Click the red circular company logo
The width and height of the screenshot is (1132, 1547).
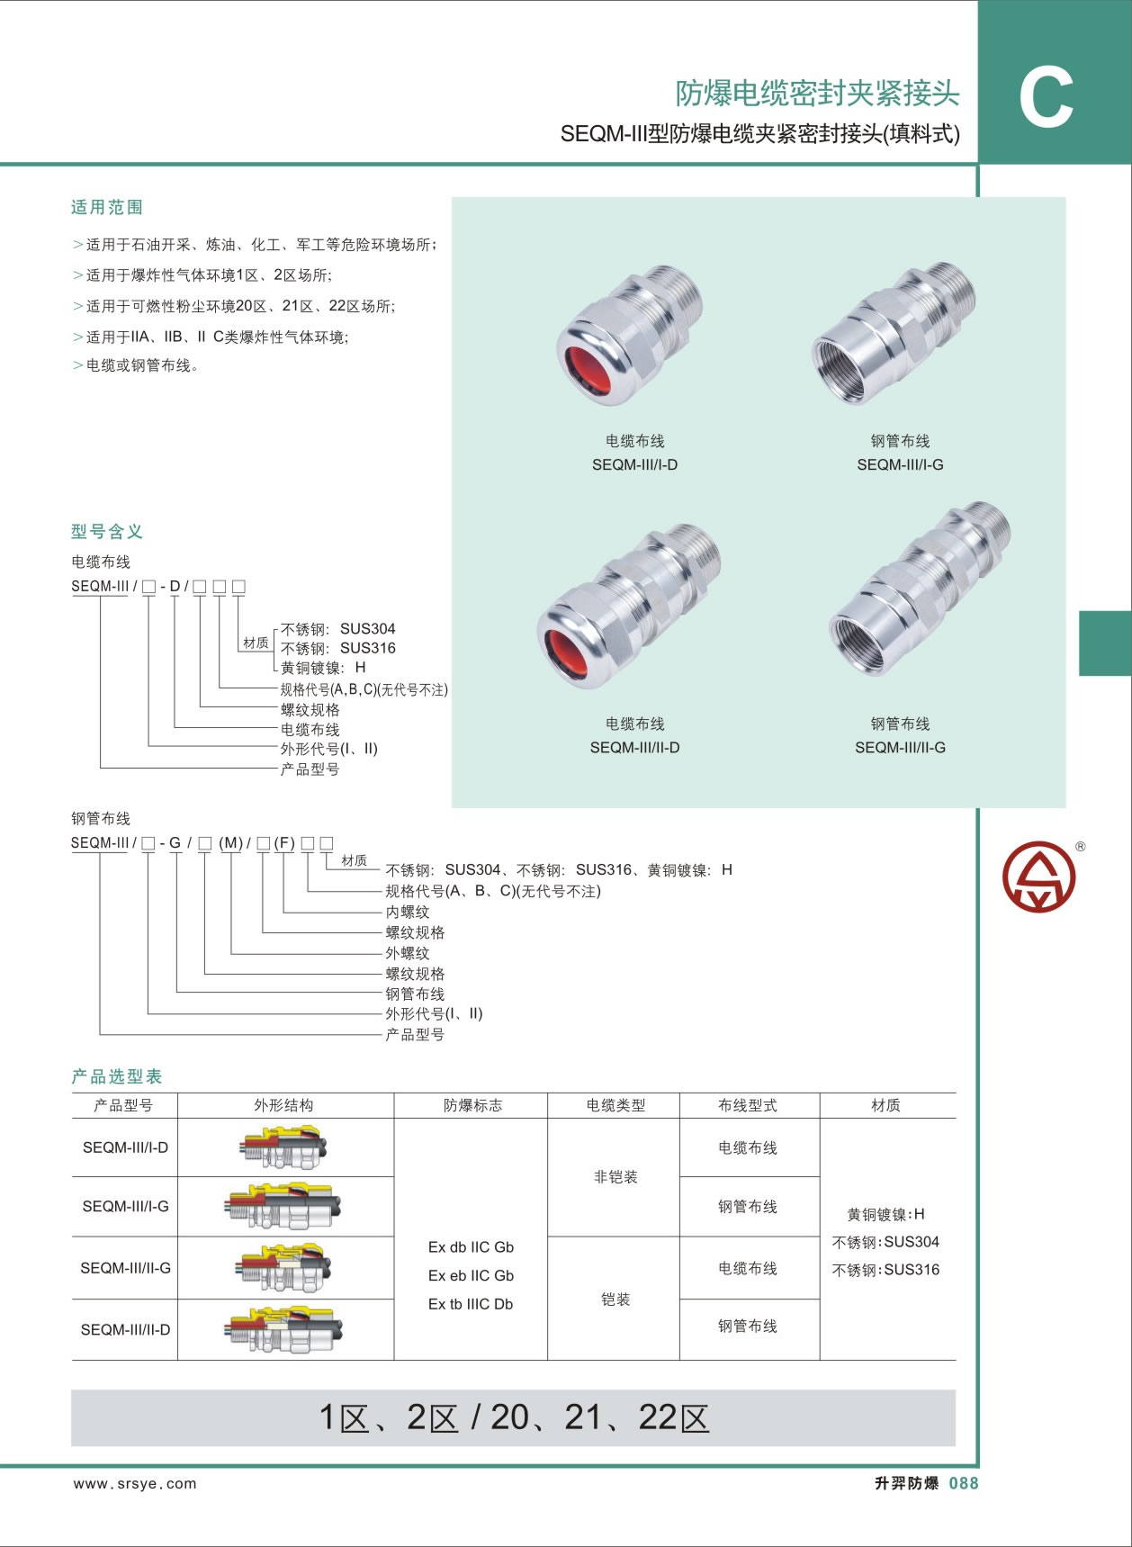[1039, 876]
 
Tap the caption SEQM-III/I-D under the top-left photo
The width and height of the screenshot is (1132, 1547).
[634, 464]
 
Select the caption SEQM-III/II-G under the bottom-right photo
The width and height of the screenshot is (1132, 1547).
[900, 747]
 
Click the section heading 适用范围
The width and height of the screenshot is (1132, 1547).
[107, 208]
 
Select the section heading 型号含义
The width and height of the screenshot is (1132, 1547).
[107, 532]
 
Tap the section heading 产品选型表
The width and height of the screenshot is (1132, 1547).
[117, 1076]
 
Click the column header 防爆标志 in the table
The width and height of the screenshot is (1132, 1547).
[472, 1105]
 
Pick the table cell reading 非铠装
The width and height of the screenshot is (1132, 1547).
[615, 1176]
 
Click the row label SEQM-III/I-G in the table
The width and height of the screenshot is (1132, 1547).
[125, 1206]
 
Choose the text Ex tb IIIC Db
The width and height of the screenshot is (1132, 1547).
[471, 1304]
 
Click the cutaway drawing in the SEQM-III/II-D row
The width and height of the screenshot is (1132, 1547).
[284, 1329]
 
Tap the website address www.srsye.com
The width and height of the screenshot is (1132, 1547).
[135, 1484]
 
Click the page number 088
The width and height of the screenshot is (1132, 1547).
[963, 1483]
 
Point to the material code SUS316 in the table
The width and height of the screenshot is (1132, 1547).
[912, 1270]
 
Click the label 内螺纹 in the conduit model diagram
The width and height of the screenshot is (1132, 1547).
[408, 912]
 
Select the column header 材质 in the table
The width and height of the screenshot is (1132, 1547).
[885, 1105]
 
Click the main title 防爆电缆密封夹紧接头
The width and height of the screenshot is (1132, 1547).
[817, 93]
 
